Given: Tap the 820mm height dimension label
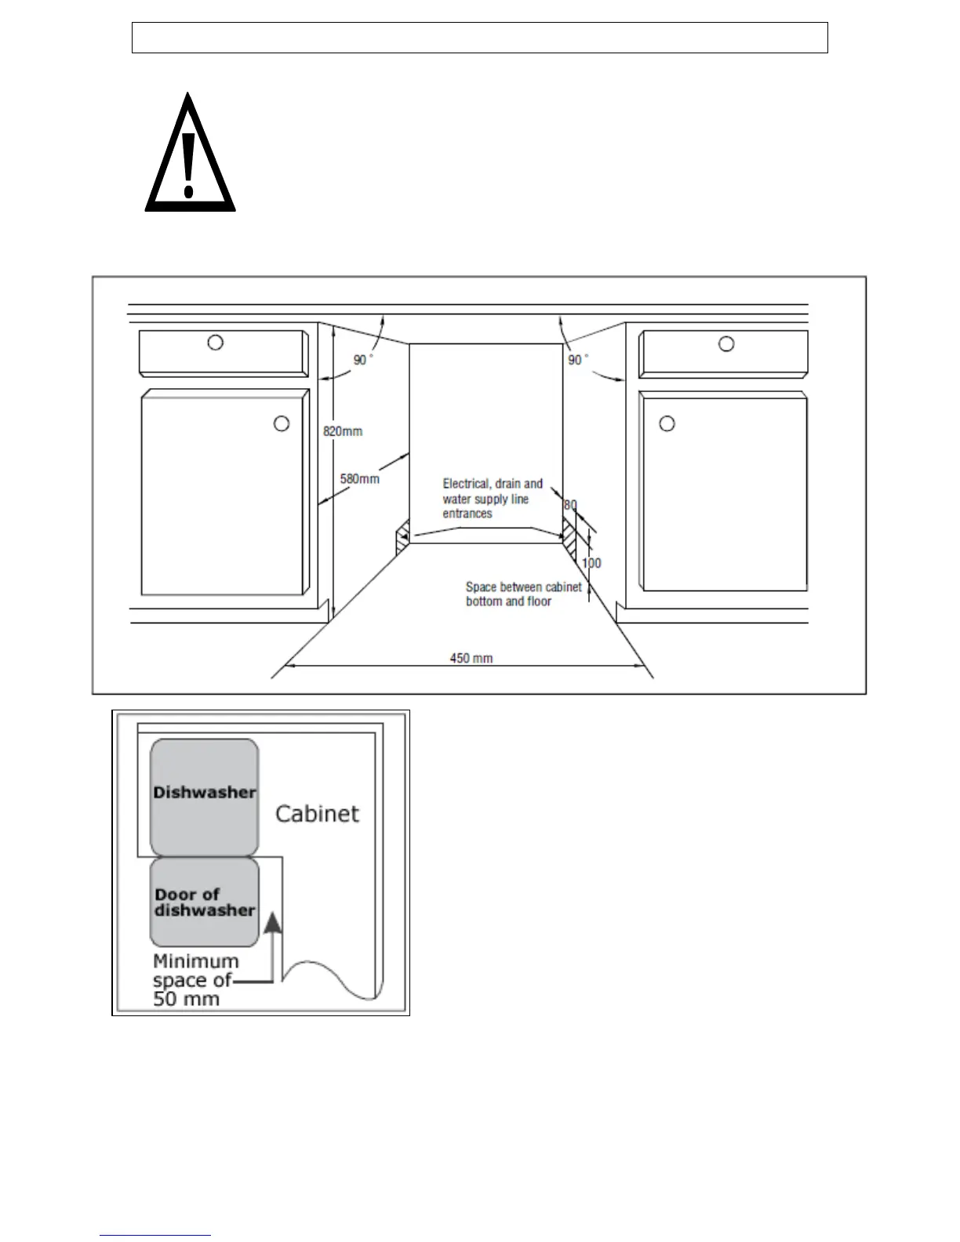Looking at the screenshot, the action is pos(343,431).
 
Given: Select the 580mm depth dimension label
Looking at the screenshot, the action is pos(359,478).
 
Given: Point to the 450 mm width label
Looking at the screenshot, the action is pos(471,658).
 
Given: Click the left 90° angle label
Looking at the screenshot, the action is pos(362,360).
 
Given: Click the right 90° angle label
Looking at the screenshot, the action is pos(576,360).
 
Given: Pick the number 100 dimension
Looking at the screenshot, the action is pos(591,563).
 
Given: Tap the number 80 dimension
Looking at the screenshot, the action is pos(570,506).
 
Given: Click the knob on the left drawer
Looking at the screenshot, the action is pos(215,343).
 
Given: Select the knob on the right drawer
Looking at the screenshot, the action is pos(727,343).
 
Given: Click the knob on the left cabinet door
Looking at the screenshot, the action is pos(281,424).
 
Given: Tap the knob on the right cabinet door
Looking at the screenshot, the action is pos(667,424).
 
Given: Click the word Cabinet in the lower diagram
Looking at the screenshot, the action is pos(317,813).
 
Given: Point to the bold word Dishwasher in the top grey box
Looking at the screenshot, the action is pos(205,792).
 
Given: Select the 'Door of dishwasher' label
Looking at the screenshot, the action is pos(205,902).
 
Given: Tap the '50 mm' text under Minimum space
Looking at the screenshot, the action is pos(187,1000).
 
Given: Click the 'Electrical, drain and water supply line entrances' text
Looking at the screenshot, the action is pos(492,499).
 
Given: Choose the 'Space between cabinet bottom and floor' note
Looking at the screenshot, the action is pos(523,594).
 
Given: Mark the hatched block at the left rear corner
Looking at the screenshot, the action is pos(402,535).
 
